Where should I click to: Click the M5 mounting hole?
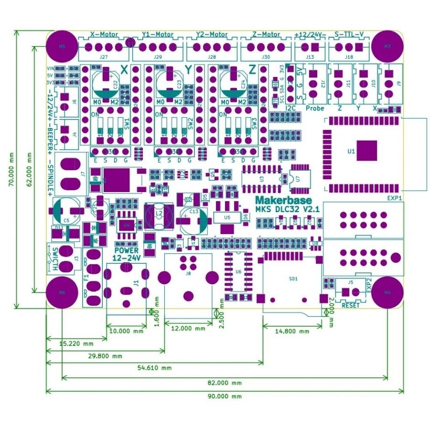tap(61, 46)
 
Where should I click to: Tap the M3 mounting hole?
tap(387, 46)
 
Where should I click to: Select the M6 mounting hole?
tap(62, 292)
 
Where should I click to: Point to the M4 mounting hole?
tap(387, 292)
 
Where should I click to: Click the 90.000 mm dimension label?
tap(225, 396)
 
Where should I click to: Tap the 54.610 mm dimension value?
tap(154, 368)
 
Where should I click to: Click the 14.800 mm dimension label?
tap(292, 331)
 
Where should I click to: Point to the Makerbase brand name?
tap(283, 200)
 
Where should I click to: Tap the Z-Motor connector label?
tap(266, 35)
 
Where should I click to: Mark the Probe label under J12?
tap(315, 108)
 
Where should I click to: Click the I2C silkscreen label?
tap(290, 108)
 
